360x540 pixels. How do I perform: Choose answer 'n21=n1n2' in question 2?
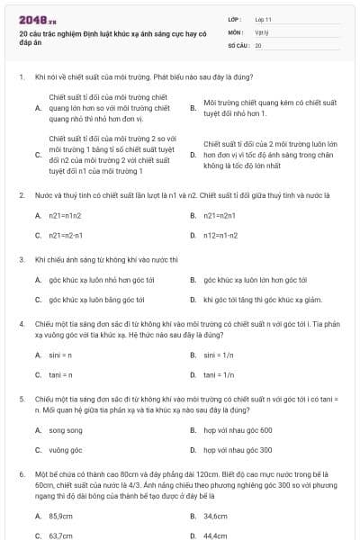[x=65, y=215]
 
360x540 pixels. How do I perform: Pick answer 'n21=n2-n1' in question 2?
[x=65, y=235]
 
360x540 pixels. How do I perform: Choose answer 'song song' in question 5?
[x=65, y=430]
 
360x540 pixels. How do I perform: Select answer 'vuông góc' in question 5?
[x=65, y=450]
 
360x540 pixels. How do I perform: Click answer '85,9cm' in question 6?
[x=60, y=516]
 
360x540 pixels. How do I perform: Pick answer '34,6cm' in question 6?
[x=215, y=516]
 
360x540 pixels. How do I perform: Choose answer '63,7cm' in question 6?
[x=60, y=535]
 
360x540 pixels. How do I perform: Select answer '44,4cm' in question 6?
[x=215, y=535]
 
